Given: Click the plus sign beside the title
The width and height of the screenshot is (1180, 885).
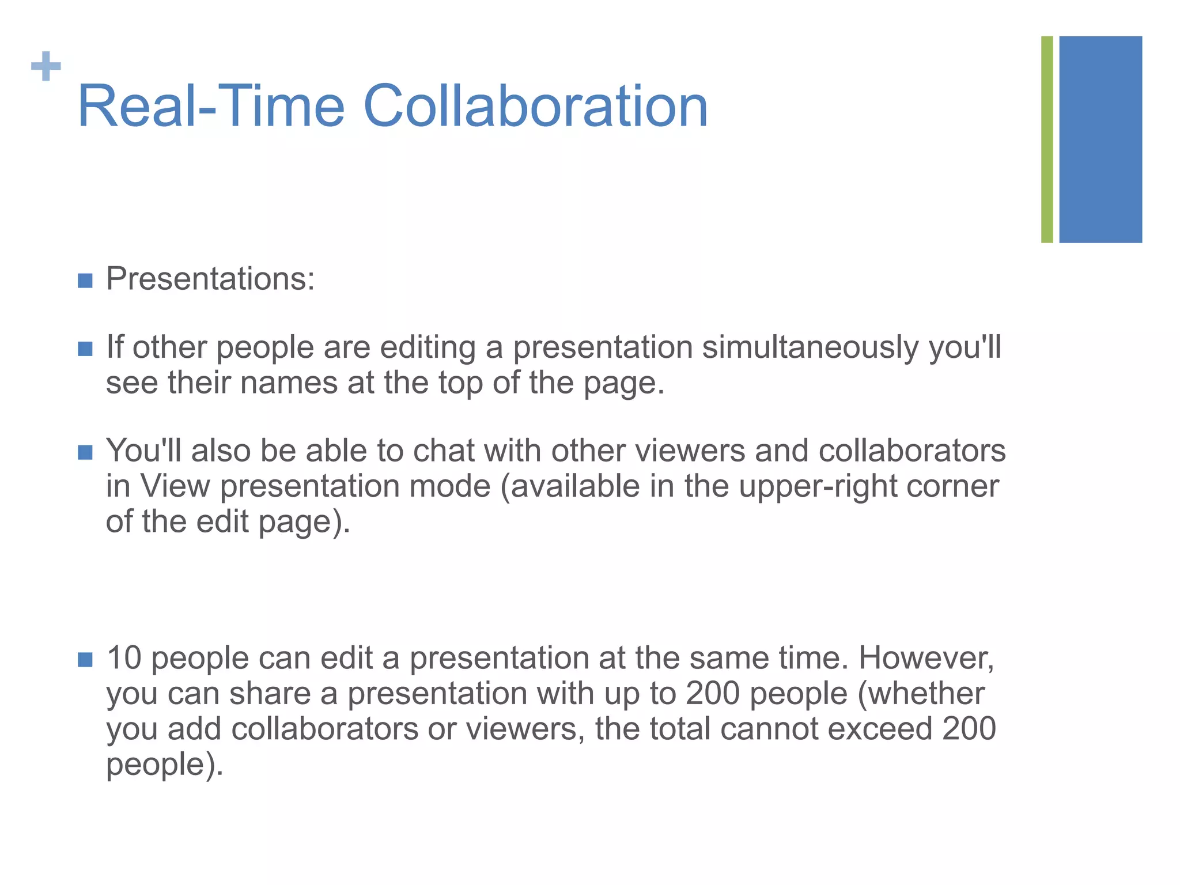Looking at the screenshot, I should [x=46, y=66].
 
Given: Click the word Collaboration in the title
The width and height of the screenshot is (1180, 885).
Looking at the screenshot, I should [x=535, y=107].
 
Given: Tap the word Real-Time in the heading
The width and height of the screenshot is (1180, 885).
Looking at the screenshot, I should [x=211, y=107].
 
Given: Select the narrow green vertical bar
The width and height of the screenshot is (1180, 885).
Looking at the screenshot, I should [x=1047, y=139].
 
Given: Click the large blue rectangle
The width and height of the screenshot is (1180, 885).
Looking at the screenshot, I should [x=1100, y=139].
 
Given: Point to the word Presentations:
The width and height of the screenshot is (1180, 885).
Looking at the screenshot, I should [x=210, y=279].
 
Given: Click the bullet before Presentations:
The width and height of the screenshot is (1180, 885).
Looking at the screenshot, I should [x=85, y=281].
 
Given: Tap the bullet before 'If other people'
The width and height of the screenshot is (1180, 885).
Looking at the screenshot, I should [x=85, y=349].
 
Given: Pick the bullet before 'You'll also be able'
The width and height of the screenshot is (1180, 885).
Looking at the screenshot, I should [x=85, y=452].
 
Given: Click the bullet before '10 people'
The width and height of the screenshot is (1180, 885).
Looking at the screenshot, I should [x=85, y=659].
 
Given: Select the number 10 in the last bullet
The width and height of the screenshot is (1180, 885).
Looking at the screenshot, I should [x=124, y=658].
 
